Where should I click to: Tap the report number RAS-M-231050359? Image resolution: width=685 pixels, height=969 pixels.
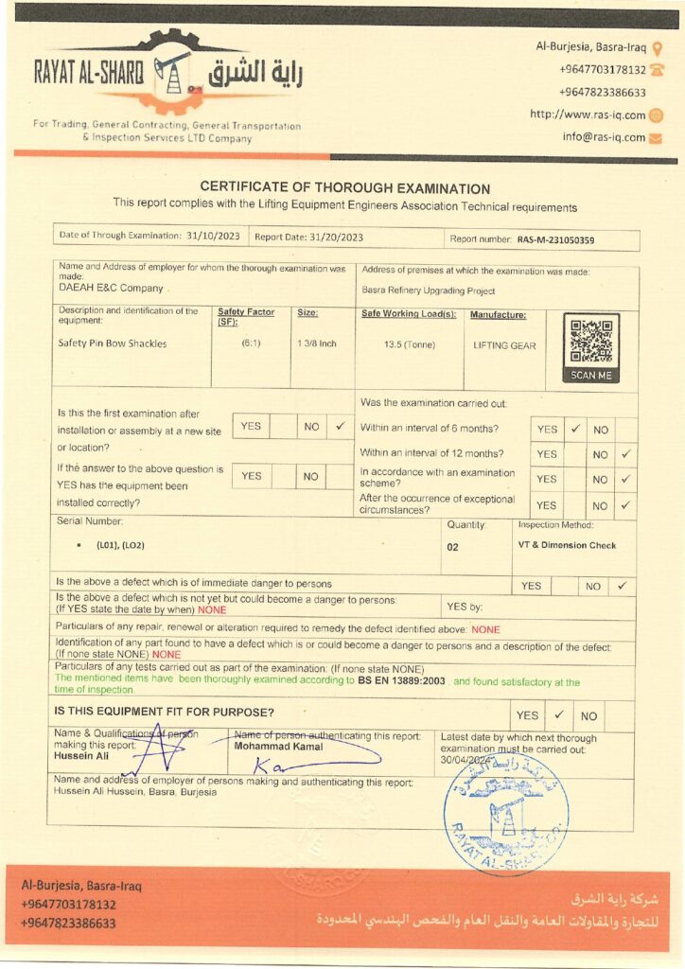pyautogui.click(x=555, y=240)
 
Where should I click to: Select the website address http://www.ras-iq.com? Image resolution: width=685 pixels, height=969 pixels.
pyautogui.click(x=588, y=115)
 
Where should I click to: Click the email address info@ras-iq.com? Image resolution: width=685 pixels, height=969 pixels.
pyautogui.click(x=604, y=137)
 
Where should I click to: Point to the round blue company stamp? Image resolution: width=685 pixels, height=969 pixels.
pyautogui.click(x=505, y=813)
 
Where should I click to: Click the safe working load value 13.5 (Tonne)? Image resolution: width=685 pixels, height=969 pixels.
pyautogui.click(x=410, y=344)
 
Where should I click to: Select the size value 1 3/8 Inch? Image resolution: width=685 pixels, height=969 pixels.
pyautogui.click(x=316, y=344)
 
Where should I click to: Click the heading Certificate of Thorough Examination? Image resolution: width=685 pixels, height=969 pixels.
pyautogui.click(x=344, y=189)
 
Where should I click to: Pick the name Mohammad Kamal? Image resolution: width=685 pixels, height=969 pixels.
pyautogui.click(x=278, y=747)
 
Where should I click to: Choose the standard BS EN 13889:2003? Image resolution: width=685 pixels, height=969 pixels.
pyautogui.click(x=402, y=681)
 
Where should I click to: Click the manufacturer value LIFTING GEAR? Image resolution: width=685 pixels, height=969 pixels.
pyautogui.click(x=504, y=345)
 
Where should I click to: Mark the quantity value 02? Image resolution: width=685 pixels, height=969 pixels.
pyautogui.click(x=453, y=547)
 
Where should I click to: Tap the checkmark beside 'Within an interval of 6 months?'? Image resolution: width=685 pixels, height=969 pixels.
pyautogui.click(x=574, y=429)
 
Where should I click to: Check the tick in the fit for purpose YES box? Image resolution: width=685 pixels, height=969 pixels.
pyautogui.click(x=558, y=714)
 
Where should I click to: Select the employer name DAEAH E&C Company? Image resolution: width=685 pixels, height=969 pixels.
pyautogui.click(x=111, y=288)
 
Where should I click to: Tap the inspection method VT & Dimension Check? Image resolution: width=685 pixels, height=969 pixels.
pyautogui.click(x=567, y=546)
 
